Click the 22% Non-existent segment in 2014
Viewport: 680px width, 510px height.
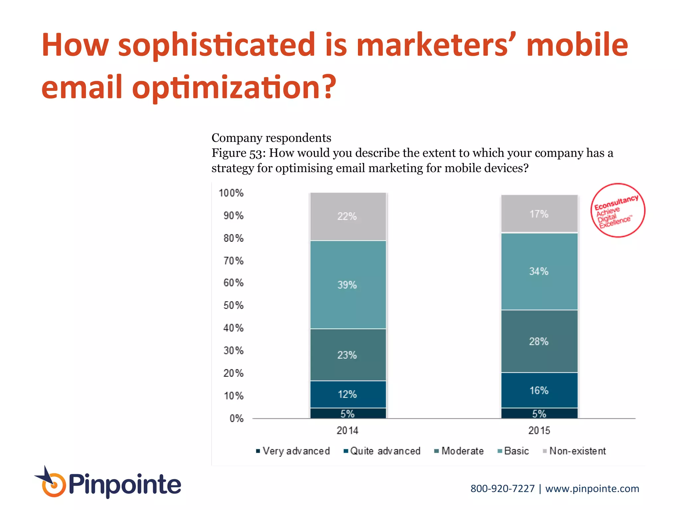[x=348, y=216]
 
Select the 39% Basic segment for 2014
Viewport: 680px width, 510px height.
[x=348, y=285]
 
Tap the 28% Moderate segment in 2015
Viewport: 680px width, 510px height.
[x=539, y=341]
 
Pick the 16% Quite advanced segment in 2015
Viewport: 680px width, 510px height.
[x=539, y=390]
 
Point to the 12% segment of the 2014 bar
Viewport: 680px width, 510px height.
[x=348, y=394]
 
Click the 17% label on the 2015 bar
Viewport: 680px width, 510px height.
[x=539, y=214]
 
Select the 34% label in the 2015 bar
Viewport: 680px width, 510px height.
[x=539, y=271]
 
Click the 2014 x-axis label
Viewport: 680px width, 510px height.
[x=348, y=431]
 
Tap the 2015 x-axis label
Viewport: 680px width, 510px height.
[x=539, y=431]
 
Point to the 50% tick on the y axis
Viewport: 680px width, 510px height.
[x=233, y=305]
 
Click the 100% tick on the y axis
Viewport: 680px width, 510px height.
[x=231, y=193]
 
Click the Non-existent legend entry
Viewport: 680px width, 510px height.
[x=574, y=451]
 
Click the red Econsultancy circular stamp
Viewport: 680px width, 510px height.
[x=618, y=211]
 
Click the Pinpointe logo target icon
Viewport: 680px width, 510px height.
[x=53, y=485]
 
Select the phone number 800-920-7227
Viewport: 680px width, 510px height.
[x=502, y=489]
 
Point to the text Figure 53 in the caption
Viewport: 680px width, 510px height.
[x=238, y=153]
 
